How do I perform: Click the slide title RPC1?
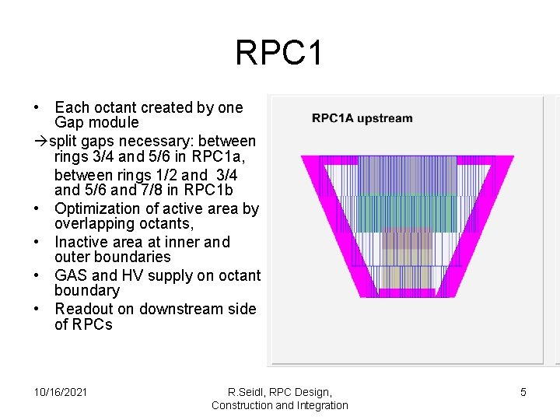278,54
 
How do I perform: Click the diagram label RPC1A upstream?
362,118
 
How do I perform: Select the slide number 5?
523,392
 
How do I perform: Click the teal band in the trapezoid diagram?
397,212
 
